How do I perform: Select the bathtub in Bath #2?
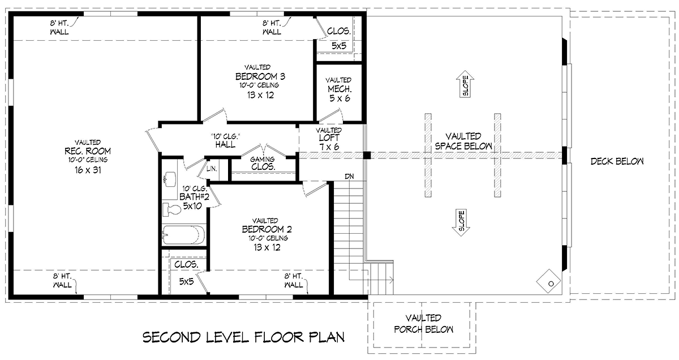point(183,234)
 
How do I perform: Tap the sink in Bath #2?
point(170,179)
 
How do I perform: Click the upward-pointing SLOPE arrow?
point(465,84)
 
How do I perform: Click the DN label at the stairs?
point(349,176)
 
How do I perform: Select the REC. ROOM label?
point(88,151)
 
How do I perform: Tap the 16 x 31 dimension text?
point(88,170)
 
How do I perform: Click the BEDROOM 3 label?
point(260,76)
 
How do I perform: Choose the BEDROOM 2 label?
point(267,229)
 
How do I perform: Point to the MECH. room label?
point(339,89)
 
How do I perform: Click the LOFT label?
point(329,138)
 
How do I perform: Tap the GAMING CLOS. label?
point(263,163)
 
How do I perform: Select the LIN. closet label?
point(212,169)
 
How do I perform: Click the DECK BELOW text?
point(617,161)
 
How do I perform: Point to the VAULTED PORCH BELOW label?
point(423,323)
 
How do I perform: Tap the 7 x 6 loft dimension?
point(329,147)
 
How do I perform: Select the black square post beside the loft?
point(367,155)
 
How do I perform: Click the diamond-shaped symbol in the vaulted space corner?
point(549,281)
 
